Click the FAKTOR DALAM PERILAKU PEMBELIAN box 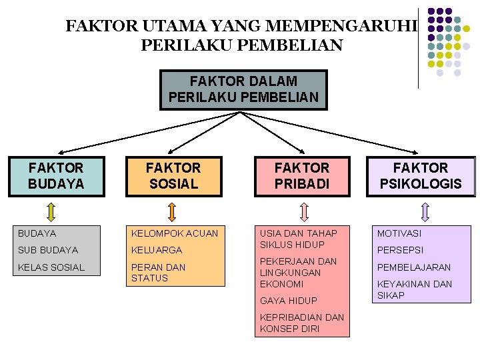click(244, 89)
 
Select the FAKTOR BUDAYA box click(57, 176)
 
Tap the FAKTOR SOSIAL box click(173, 176)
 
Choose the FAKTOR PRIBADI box click(302, 176)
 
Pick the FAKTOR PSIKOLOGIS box click(421, 176)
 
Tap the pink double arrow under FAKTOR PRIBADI click(304, 211)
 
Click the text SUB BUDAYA click(48, 250)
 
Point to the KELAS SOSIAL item click(51, 267)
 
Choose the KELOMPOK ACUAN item click(175, 233)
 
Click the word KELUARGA click(157, 250)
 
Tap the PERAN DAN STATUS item click(159, 273)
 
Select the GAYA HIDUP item click(289, 301)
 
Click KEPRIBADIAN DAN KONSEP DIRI click(302, 323)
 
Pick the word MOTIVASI click(399, 233)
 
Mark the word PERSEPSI click(400, 250)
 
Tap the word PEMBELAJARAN click(414, 267)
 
